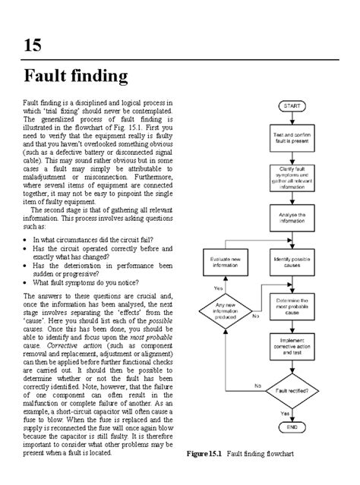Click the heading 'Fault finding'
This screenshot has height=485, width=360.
(x=75, y=76)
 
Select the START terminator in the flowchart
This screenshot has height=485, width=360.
(x=291, y=107)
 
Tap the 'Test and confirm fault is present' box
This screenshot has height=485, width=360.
(x=291, y=138)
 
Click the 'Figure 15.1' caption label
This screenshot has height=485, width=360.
(x=204, y=454)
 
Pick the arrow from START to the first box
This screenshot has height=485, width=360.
(x=291, y=120)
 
